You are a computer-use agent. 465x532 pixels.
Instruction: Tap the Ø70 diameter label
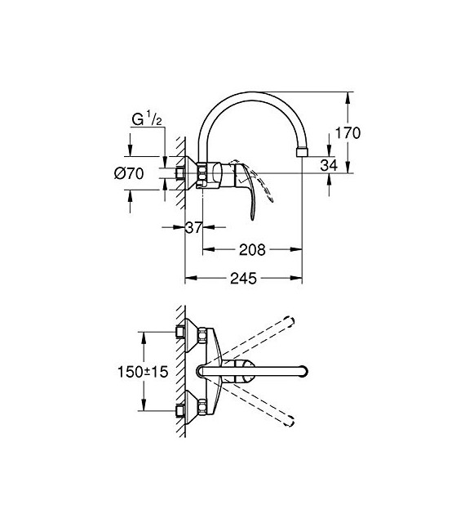point(130,172)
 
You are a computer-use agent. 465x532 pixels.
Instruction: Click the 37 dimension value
point(193,228)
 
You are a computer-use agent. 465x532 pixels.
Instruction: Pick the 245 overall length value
point(244,278)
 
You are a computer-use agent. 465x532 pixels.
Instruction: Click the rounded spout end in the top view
point(303,372)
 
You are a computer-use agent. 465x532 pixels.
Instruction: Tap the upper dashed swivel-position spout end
point(289,319)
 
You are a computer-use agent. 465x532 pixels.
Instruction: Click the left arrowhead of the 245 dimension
point(188,279)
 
